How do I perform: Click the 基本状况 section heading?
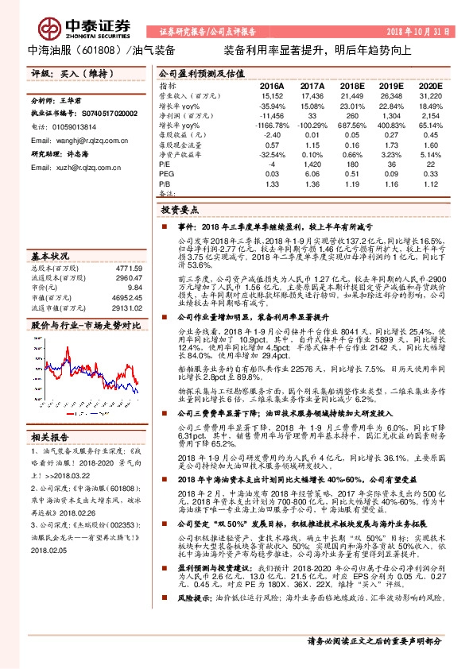coord(50,257)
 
